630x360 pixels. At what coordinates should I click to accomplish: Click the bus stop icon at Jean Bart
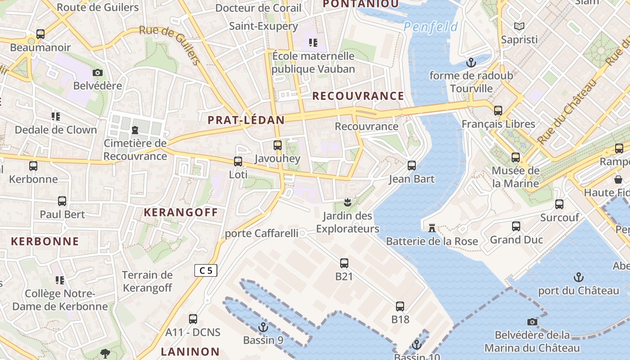(411, 165)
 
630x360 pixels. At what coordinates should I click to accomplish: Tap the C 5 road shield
(206, 270)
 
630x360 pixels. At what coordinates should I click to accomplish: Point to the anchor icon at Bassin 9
(263, 327)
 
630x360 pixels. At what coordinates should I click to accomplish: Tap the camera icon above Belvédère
(97, 72)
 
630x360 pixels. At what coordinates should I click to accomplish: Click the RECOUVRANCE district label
(358, 96)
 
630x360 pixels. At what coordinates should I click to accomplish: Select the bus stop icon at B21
(344, 263)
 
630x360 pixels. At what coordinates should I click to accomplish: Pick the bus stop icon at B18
(400, 306)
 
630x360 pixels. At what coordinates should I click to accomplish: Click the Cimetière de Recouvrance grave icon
(135, 130)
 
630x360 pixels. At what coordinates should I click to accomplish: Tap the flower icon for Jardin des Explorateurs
(347, 202)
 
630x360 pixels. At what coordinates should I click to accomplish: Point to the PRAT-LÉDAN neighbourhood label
(246, 120)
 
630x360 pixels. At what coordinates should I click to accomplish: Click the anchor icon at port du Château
(578, 277)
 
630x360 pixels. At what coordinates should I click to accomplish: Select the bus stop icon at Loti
(238, 161)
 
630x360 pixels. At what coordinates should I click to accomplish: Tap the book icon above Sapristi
(519, 26)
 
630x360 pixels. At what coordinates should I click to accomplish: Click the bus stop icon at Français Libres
(498, 110)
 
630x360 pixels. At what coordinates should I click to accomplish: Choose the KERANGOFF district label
(181, 212)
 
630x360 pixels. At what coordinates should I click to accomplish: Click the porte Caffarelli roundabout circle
(303, 233)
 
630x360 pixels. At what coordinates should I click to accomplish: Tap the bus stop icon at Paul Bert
(62, 201)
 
